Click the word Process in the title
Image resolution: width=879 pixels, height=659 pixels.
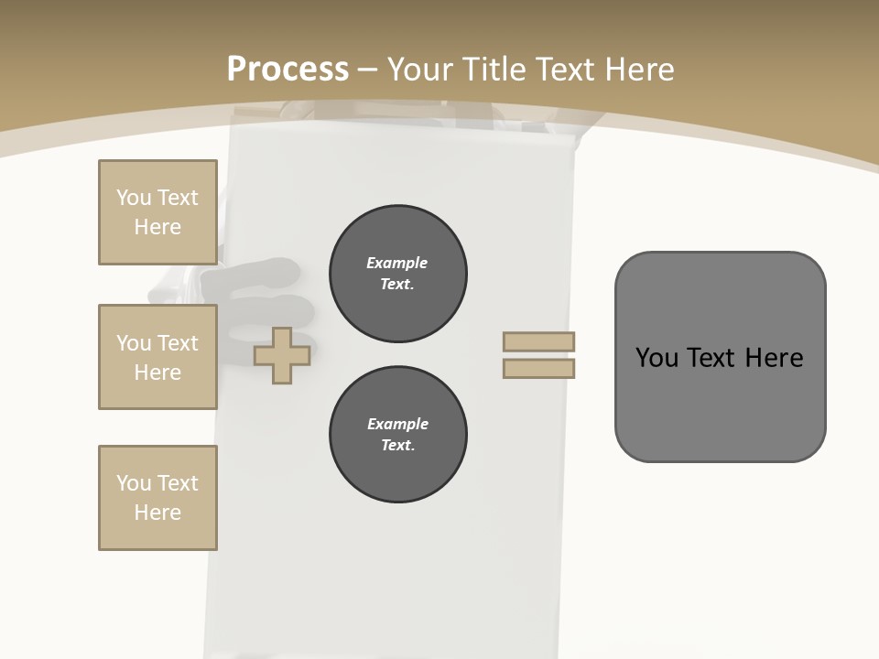(288, 69)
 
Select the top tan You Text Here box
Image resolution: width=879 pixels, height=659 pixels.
(157, 212)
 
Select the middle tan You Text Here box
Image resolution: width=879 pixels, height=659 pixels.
(157, 357)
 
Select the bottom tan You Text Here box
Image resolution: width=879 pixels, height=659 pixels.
(157, 498)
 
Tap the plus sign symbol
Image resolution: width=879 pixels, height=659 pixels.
(282, 355)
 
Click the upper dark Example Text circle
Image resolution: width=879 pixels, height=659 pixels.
(398, 274)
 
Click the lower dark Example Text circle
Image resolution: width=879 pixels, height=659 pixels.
(398, 435)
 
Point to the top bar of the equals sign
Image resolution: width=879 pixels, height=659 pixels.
(538, 341)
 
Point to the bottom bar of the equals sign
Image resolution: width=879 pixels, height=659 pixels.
(538, 368)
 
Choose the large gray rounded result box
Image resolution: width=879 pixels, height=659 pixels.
(720, 357)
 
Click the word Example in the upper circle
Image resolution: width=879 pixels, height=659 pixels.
(397, 263)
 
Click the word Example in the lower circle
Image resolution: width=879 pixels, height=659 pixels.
(397, 424)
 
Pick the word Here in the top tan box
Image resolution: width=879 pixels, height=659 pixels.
(157, 227)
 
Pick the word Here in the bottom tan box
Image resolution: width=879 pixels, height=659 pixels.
(157, 513)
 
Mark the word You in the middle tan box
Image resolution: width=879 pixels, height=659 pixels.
(134, 343)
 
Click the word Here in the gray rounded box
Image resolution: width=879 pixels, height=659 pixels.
(774, 358)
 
